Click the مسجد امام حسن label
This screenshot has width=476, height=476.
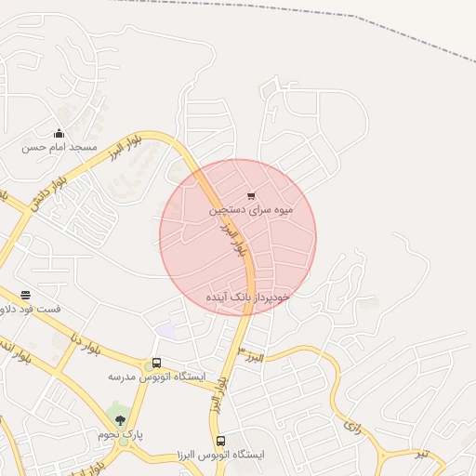tap(59, 147)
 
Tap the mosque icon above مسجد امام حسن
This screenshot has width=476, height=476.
tap(59, 133)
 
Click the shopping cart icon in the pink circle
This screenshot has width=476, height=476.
tap(251, 195)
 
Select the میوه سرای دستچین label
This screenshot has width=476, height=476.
tap(251, 209)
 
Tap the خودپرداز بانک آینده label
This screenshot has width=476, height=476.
tap(248, 297)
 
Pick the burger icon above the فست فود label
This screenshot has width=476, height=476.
tap(25, 295)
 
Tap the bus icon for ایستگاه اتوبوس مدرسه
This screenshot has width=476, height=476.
tap(156, 363)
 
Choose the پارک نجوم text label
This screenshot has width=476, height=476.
tap(118, 435)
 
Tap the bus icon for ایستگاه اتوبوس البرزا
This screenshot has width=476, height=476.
tap(220, 441)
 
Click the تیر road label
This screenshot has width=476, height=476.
tap(423, 453)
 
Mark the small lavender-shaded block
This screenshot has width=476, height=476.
tap(165, 331)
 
